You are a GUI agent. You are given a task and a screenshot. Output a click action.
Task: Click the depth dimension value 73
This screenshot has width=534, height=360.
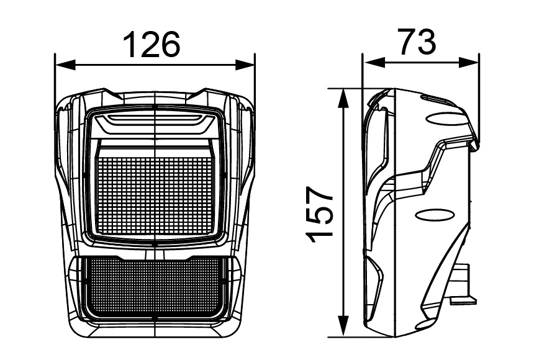pos(417,42)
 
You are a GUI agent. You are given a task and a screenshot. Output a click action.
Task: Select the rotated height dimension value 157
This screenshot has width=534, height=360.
pos(322,213)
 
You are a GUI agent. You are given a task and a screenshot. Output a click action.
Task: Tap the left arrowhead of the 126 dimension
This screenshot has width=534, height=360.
pos(61,64)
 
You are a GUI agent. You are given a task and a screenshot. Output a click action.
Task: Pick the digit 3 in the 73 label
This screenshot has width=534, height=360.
pos(428,42)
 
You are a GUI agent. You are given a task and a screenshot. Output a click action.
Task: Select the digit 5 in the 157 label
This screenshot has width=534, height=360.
pos(322,213)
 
